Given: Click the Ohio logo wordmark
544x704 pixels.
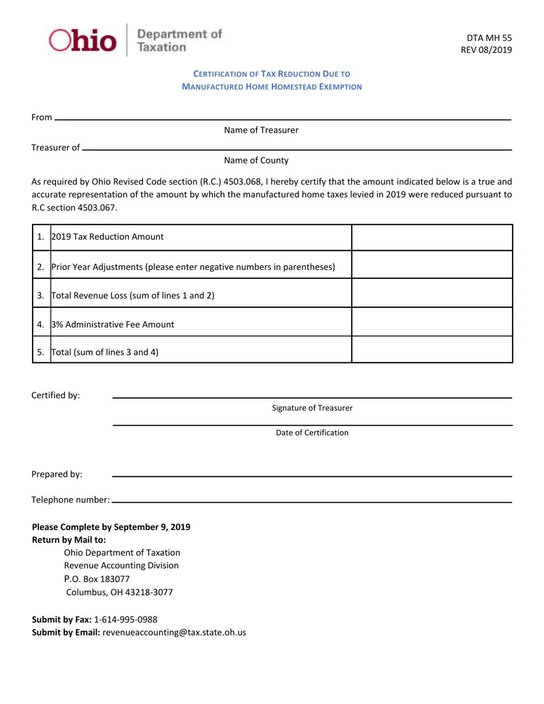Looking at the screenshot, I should point(82,41).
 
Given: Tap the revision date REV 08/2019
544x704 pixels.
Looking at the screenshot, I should point(486,50).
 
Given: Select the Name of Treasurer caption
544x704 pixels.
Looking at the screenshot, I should point(261,130).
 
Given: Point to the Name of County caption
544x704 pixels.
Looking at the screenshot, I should point(256,160).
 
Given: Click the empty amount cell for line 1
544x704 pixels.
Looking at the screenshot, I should point(432,237).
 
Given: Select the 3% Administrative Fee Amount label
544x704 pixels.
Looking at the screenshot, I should point(113,325).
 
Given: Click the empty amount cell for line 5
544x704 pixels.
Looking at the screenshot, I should point(432,350).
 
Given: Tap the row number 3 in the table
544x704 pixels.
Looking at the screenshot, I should point(41,296).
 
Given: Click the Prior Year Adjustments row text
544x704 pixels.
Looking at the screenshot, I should point(193,267).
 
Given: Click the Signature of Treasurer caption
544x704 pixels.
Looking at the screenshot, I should point(312,408).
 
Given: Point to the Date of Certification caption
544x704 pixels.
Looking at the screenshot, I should point(312,433).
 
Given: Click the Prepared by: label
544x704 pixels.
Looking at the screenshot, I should point(57,474).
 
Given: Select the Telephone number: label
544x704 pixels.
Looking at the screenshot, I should point(70,500).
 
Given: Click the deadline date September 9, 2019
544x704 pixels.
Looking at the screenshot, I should point(152,527).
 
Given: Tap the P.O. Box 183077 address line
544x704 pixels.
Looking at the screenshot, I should point(97,579).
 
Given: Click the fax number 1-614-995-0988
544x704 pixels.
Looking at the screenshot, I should point(125,619).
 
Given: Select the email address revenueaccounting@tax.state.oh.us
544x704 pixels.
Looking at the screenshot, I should point(174,632).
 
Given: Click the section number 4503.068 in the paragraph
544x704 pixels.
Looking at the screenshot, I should point(243,181).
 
